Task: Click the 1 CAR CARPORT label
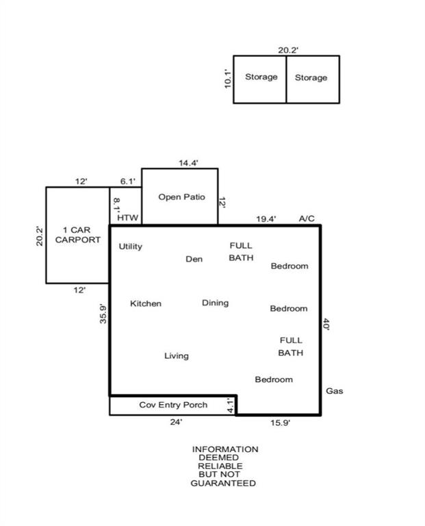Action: pos(78,235)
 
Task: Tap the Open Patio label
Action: pos(181,197)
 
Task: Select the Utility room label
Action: pos(131,247)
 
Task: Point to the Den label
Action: pos(194,259)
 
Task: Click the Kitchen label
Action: pos(146,303)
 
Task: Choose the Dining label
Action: pos(215,303)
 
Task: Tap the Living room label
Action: pos(177,356)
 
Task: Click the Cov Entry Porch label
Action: pos(173,405)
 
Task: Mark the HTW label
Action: pos(128,218)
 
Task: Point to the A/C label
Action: pos(307,218)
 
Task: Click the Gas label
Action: pos(335,391)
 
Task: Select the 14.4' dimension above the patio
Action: pos(188,163)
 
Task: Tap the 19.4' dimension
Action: pos(266,219)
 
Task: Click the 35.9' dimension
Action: pos(103,314)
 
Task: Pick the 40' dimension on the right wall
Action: pos(326,325)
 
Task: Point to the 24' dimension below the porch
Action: pos(176,422)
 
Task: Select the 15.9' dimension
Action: pos(281,423)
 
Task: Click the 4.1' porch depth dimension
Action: pos(230,405)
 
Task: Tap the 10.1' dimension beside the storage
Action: pos(228,79)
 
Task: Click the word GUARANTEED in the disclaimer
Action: pos(223,484)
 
